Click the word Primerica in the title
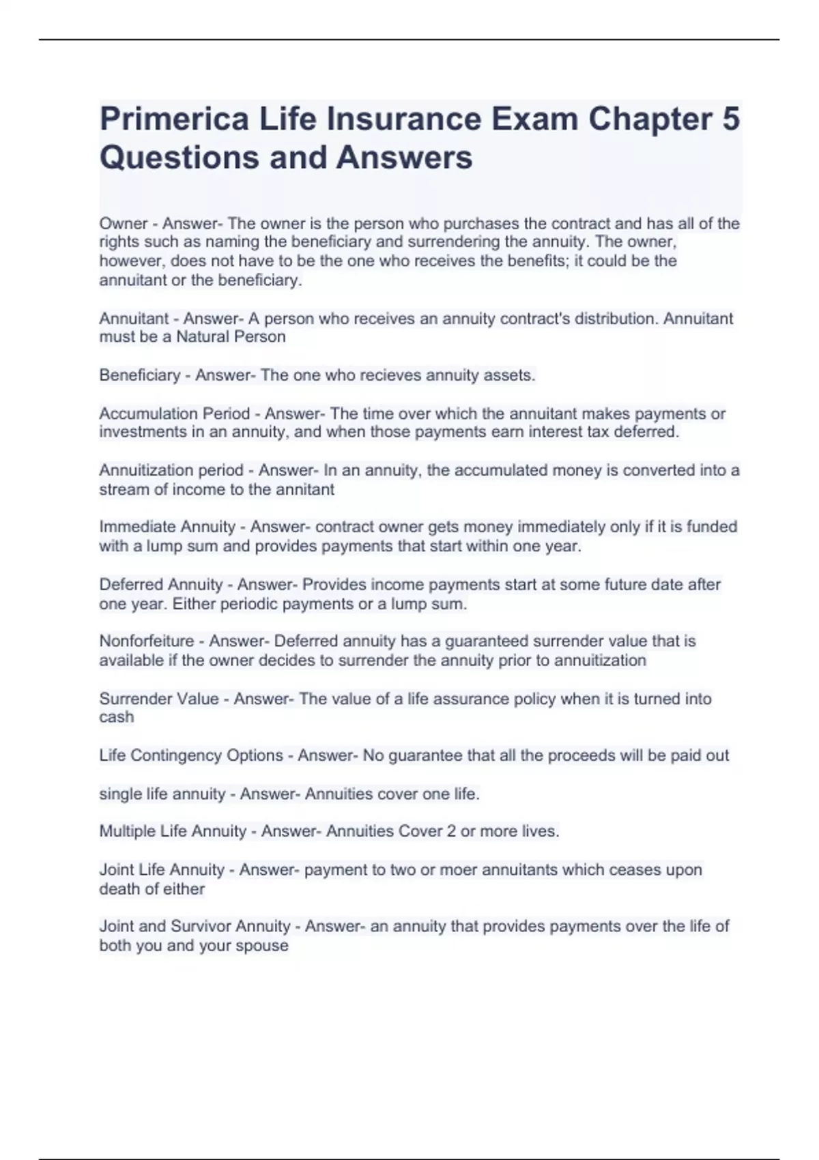point(174,119)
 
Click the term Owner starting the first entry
point(124,224)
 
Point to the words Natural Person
point(231,337)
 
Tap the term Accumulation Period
point(175,414)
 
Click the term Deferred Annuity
point(161,585)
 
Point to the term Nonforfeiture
point(147,641)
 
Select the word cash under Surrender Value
point(117,717)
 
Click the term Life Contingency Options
point(191,756)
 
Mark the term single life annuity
point(162,794)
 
